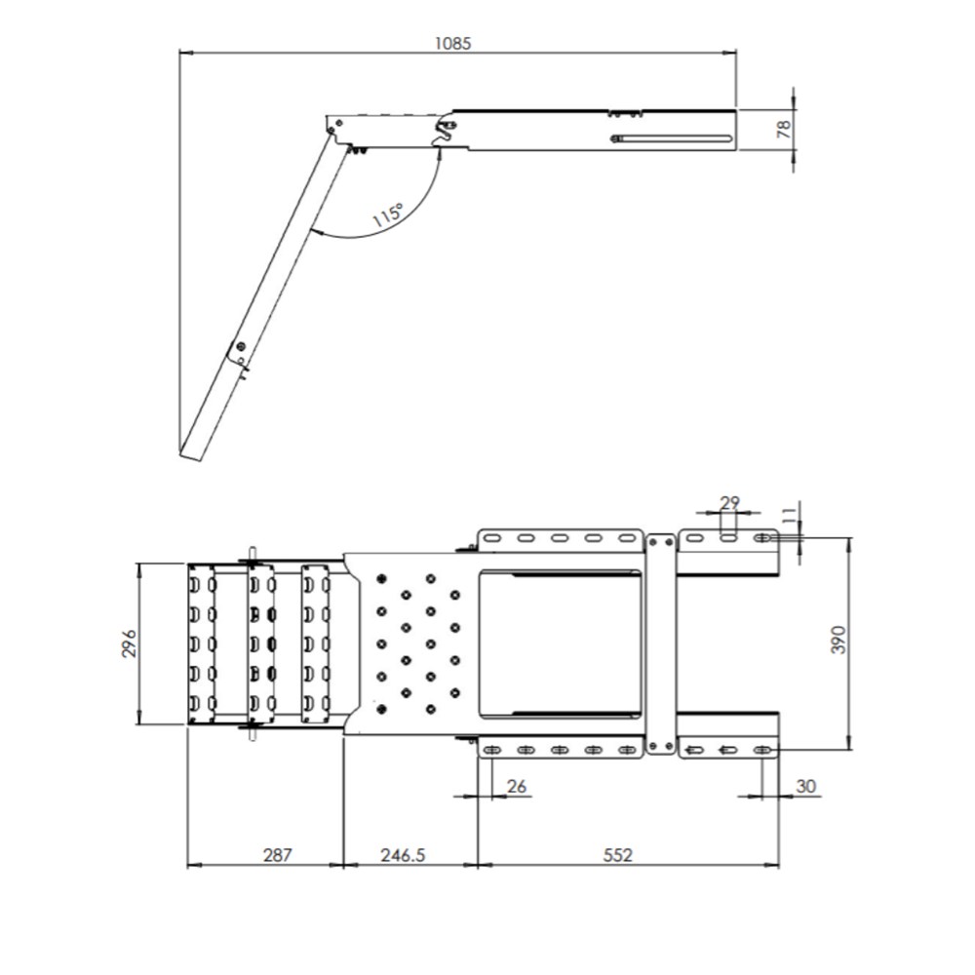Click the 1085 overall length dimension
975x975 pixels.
tap(452, 44)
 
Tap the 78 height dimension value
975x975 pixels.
tap(784, 130)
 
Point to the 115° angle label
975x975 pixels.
tap(388, 214)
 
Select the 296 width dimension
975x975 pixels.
tap(128, 643)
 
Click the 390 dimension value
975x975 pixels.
tap(838, 640)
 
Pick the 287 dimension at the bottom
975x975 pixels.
tap(277, 856)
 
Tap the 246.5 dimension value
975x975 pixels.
tap(403, 856)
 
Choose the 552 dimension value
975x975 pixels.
tap(617, 856)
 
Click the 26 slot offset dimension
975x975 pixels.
tap(517, 787)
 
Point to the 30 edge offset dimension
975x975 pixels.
tap(806, 787)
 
